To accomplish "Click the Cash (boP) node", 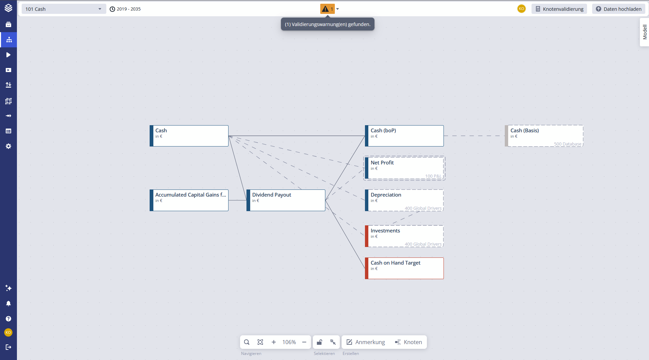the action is point(404,136).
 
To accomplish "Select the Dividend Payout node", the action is point(286,200).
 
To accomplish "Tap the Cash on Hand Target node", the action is point(404,268).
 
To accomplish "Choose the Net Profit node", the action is point(404,168).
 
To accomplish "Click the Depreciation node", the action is point(404,200).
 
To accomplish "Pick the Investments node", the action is point(404,236).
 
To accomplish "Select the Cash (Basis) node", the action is point(544,136).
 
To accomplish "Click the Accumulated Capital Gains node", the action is point(189,200).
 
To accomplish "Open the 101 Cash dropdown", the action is point(64,9).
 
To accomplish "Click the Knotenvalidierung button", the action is point(559,9).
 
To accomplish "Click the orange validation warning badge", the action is point(327,9).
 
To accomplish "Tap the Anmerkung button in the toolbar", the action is point(366,342).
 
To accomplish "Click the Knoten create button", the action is point(408,342).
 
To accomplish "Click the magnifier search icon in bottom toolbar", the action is point(247,342).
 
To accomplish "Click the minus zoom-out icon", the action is point(304,342).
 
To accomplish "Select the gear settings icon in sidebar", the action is point(8,146).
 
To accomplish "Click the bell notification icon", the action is point(8,303).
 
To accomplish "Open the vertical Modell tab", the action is point(645,32).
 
